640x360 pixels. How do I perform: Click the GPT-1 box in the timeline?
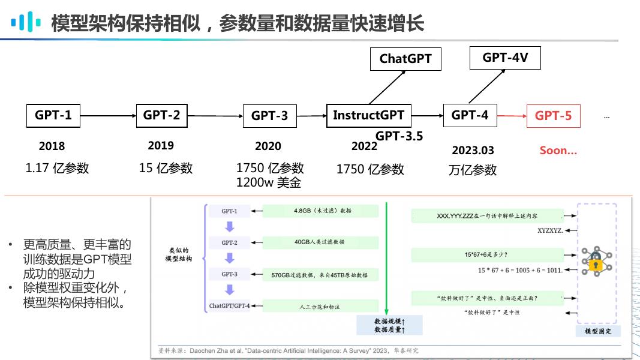pyautogui.click(x=53, y=115)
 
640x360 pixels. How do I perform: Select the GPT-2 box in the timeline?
pyautogui.click(x=162, y=115)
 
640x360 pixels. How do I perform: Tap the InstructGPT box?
pyautogui.click(x=369, y=115)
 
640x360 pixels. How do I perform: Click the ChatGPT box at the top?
pyautogui.click(x=405, y=59)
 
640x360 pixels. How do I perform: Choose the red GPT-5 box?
pyautogui.click(x=553, y=116)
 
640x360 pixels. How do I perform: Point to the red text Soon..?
pyautogui.click(x=558, y=151)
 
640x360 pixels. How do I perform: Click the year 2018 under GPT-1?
pyautogui.click(x=52, y=146)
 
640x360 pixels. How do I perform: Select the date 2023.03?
pyautogui.click(x=473, y=150)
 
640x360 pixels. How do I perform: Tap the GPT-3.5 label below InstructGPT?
pyautogui.click(x=399, y=136)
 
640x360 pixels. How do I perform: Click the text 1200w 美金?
pyautogui.click(x=269, y=182)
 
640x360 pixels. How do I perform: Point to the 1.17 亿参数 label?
pyautogui.click(x=57, y=168)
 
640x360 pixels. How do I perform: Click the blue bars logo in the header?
pyautogui.click(x=26, y=23)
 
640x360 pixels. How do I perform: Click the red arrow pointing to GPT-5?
pyautogui.click(x=512, y=116)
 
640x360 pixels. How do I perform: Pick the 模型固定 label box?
pyautogui.click(x=597, y=331)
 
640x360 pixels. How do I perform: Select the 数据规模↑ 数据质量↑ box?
pyautogui.click(x=389, y=325)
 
